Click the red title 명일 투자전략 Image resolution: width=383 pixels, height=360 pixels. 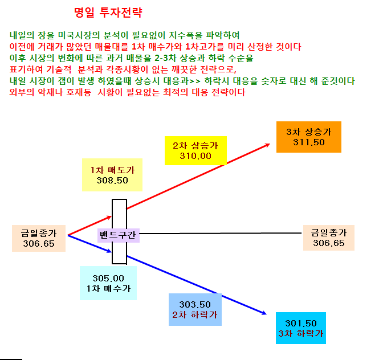click(x=108, y=12)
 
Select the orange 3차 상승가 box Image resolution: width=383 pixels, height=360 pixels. click(x=309, y=137)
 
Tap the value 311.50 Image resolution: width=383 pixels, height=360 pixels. click(x=309, y=142)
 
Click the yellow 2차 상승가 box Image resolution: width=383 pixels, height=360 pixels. click(x=195, y=150)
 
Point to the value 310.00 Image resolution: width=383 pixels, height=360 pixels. click(x=195, y=156)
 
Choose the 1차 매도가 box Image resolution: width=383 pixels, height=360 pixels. click(x=112, y=175)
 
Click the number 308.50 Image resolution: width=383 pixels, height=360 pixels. click(x=112, y=181)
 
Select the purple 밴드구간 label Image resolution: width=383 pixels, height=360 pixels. click(x=119, y=235)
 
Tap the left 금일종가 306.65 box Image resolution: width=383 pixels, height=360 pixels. click(x=39, y=238)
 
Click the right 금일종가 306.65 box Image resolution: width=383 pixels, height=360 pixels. click(x=329, y=238)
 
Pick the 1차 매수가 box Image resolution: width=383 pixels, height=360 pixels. click(x=108, y=283)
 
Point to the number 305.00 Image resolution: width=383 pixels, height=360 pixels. click(x=108, y=278)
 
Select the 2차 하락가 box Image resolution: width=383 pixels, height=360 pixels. click(x=195, y=309)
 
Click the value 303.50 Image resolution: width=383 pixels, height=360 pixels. click(x=195, y=304)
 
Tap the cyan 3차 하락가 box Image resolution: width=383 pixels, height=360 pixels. click(x=301, y=328)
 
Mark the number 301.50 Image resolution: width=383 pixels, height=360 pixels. click(x=301, y=323)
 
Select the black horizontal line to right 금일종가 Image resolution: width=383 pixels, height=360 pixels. click(x=221, y=234)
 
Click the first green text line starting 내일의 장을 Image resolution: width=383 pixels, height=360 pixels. click(x=125, y=35)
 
